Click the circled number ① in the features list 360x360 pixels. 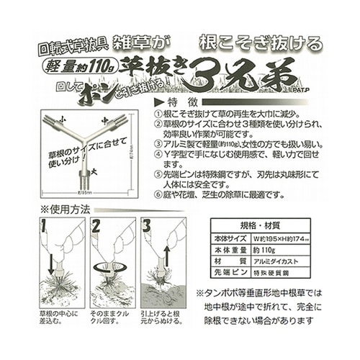[158, 115]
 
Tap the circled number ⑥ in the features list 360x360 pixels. [158, 195]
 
